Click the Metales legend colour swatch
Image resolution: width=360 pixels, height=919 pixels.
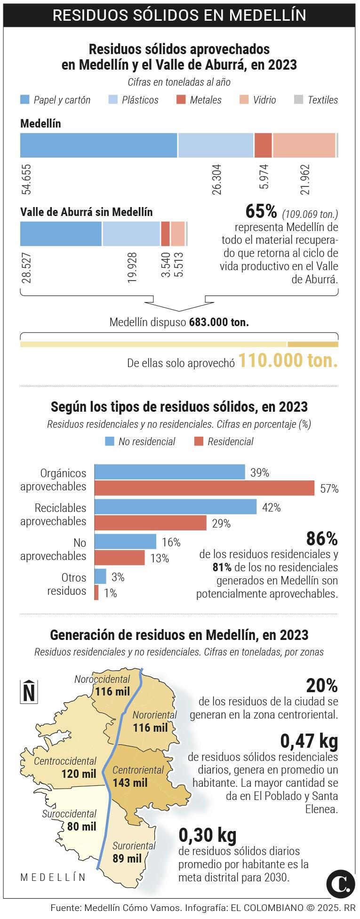pyautogui.click(x=181, y=100)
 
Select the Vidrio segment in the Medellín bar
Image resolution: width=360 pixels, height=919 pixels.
pyautogui.click(x=304, y=145)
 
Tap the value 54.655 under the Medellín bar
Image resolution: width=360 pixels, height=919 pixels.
pyautogui.click(x=26, y=179)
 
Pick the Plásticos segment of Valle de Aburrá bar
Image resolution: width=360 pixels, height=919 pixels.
pyautogui.click(x=131, y=234)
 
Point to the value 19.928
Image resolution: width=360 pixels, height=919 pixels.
pyautogui.click(x=132, y=268)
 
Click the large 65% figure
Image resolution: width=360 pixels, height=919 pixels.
pyautogui.click(x=261, y=212)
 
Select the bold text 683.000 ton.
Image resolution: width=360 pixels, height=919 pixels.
pyautogui.click(x=219, y=322)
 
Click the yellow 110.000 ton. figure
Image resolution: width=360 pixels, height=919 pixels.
pyautogui.click(x=288, y=361)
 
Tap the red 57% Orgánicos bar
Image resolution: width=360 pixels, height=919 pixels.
pyautogui.click(x=204, y=488)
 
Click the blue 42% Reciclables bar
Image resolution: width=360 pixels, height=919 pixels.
pyautogui.click(x=176, y=507)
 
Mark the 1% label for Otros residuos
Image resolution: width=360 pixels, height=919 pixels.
pyautogui.click(x=110, y=593)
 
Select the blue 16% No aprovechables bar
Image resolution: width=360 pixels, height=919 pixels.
pyautogui.click(x=126, y=542)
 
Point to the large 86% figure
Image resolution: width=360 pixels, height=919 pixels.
pyautogui.click(x=321, y=538)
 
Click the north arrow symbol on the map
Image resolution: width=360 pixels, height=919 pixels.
pyautogui.click(x=29, y=692)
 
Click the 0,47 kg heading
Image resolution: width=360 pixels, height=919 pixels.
pyautogui.click(x=309, y=741)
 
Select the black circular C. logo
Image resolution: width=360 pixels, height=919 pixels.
pyautogui.click(x=340, y=884)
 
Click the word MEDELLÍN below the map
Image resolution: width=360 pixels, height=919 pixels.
pyautogui.click(x=53, y=877)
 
